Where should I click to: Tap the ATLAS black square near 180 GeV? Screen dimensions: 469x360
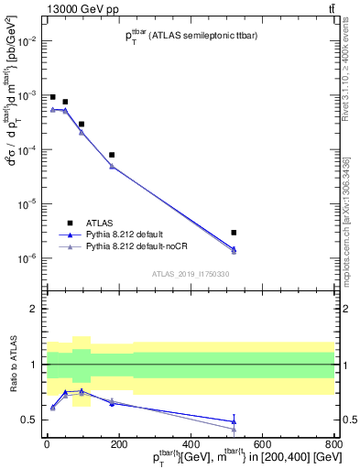pos(112,155)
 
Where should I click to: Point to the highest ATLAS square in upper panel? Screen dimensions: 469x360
pos(53,97)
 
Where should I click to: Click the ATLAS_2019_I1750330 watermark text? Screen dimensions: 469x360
pos(191,274)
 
